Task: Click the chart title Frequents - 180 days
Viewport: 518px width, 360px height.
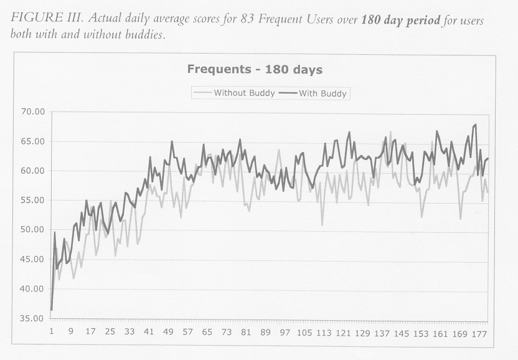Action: click(x=255, y=70)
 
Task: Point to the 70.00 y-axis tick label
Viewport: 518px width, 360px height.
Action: click(x=32, y=112)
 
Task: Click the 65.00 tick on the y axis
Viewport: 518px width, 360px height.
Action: click(x=32, y=141)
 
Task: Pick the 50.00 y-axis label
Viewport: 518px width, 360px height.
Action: click(x=32, y=230)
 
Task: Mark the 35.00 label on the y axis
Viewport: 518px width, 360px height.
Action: click(x=32, y=318)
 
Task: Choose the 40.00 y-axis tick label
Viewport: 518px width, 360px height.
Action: click(x=32, y=289)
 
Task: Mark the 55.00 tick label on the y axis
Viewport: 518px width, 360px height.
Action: click(x=32, y=201)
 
